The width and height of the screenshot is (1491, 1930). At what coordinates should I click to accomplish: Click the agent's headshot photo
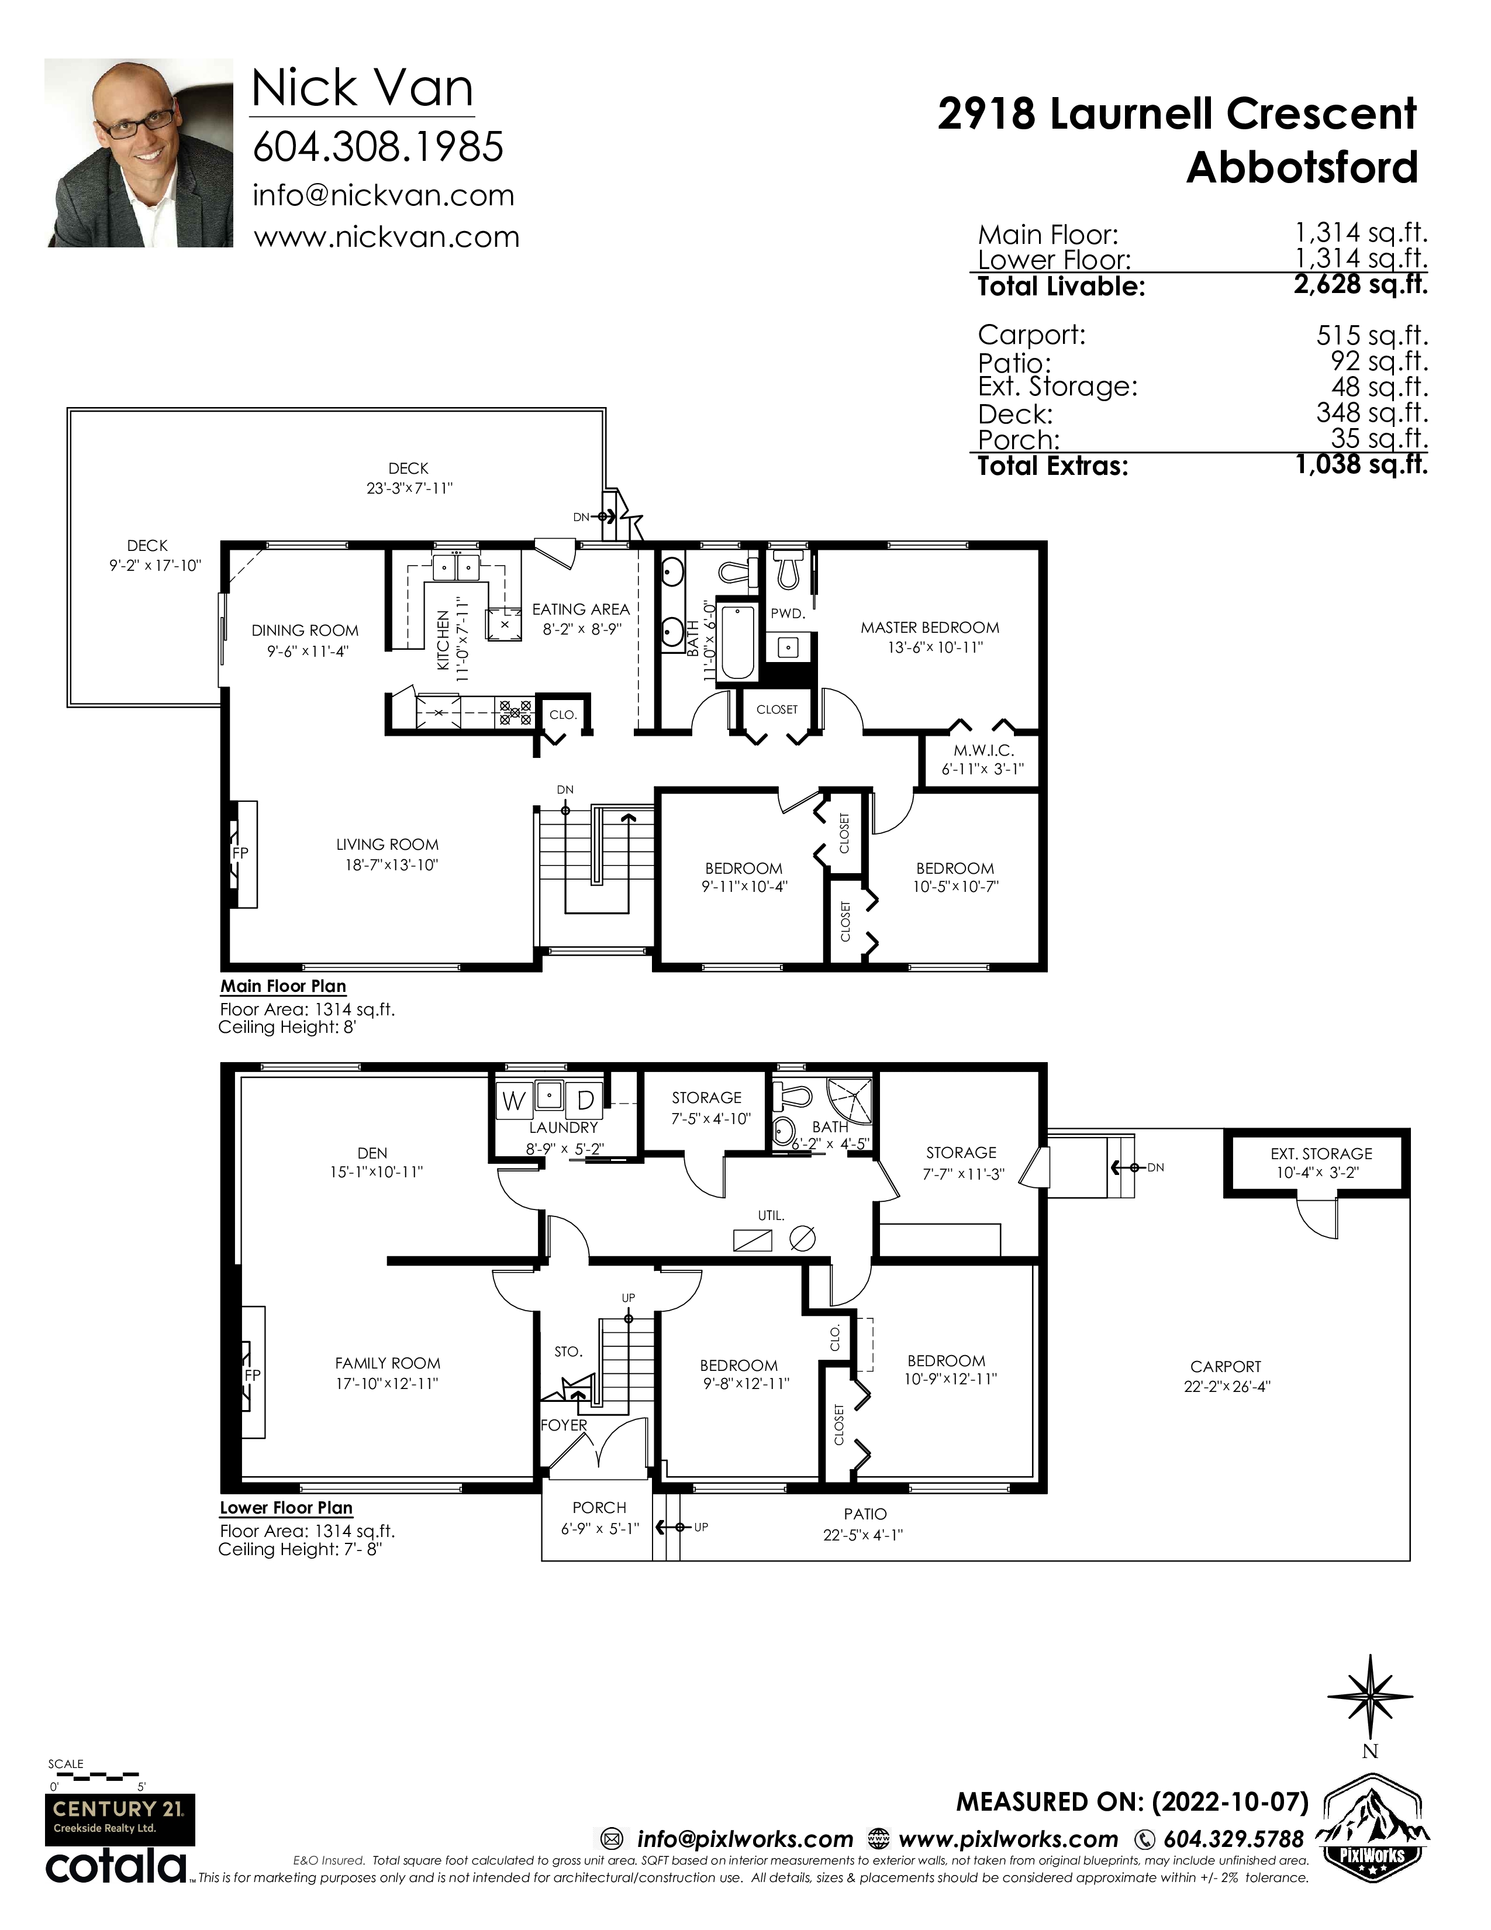pyautogui.click(x=139, y=153)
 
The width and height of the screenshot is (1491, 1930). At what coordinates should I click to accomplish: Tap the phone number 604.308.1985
pyautogui.click(x=378, y=147)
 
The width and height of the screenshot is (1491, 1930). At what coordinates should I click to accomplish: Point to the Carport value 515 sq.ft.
pyautogui.click(x=1372, y=335)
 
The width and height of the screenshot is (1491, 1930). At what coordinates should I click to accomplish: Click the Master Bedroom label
pyautogui.click(x=930, y=628)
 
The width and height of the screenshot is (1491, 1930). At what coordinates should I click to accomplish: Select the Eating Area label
pyautogui.click(x=581, y=609)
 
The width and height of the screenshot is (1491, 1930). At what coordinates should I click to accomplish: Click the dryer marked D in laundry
pyautogui.click(x=585, y=1101)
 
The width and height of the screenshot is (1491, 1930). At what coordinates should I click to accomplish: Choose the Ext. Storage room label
pyautogui.click(x=1321, y=1153)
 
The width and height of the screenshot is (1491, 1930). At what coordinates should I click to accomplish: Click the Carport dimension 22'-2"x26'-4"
pyautogui.click(x=1227, y=1387)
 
